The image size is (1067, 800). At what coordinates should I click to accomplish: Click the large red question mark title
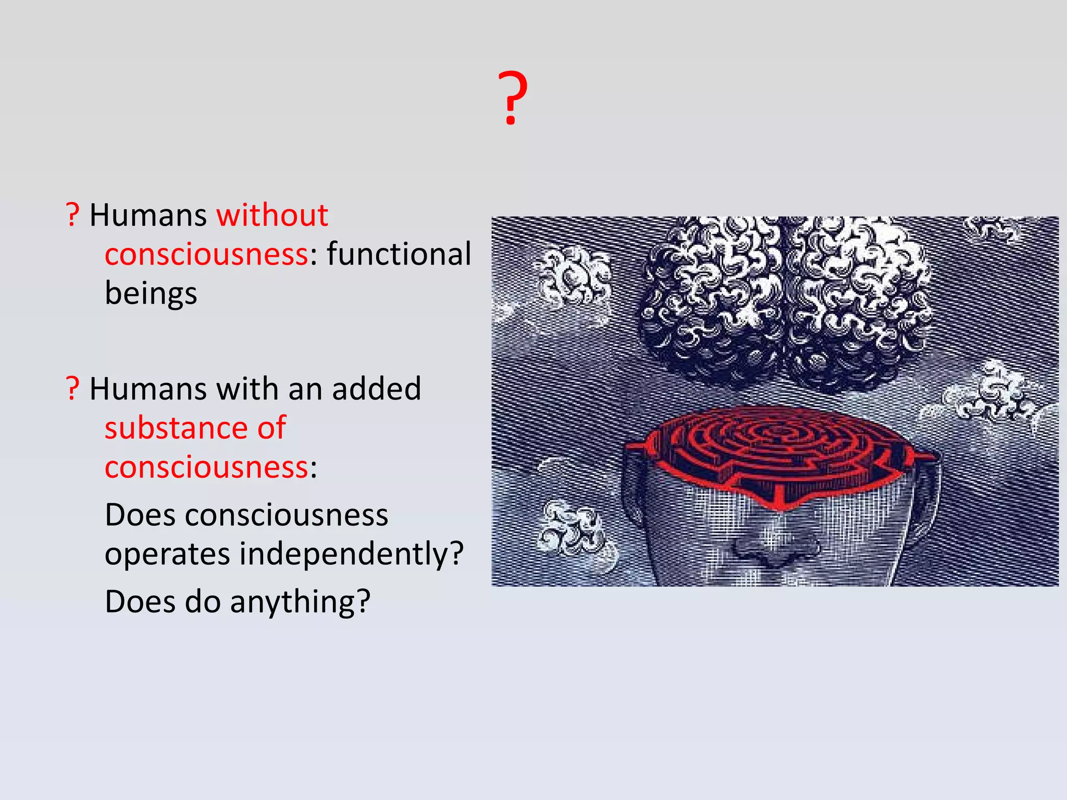513,99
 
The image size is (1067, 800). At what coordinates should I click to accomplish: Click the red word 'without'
272,215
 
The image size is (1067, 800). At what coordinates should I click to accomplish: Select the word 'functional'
399,254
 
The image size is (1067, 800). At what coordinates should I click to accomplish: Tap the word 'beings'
151,293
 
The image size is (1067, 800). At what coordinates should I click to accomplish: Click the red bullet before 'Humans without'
72,215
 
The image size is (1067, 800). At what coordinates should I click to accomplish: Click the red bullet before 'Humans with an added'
72,389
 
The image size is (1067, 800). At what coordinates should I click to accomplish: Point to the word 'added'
376,389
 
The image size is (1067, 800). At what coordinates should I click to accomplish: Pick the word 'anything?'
300,602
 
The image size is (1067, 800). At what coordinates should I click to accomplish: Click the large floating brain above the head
784,302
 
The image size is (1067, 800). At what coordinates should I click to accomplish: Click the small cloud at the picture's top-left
573,276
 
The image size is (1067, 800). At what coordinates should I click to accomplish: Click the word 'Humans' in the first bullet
148,215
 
